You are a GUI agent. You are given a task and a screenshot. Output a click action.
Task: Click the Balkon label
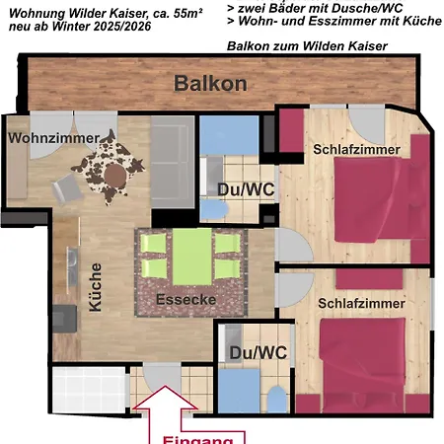(210, 84)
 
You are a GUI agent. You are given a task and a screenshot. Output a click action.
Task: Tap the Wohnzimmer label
(54, 138)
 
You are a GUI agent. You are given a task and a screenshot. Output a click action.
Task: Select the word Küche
(95, 287)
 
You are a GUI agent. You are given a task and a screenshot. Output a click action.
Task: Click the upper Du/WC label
(238, 188)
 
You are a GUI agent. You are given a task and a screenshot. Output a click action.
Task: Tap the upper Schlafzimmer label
(356, 149)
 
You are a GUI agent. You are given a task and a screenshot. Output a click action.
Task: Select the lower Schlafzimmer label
(361, 304)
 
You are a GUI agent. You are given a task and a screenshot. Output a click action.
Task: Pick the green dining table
(189, 254)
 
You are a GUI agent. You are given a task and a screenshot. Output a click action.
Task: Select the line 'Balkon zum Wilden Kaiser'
(307, 46)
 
